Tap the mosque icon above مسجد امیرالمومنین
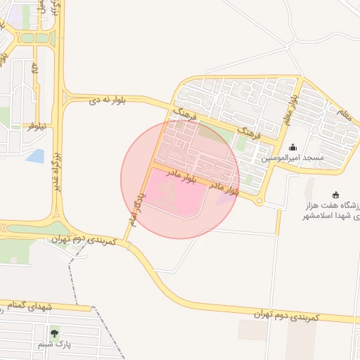[292, 147]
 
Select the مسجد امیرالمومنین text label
[293, 158]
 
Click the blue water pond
[34, 156]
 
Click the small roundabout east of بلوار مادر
[259, 202]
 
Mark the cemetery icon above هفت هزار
[336, 195]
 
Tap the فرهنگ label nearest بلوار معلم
[251, 131]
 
